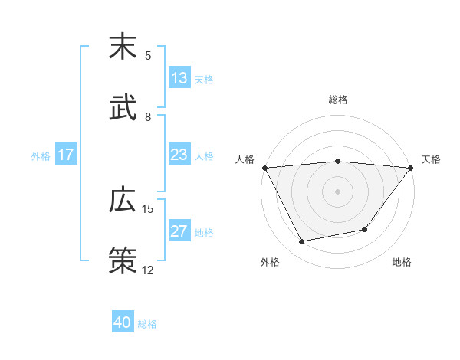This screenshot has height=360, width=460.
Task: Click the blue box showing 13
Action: click(x=179, y=77)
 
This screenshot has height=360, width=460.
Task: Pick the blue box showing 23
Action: click(x=179, y=155)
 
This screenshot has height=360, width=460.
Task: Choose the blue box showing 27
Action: click(x=179, y=232)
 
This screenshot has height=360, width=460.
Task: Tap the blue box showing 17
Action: click(x=66, y=155)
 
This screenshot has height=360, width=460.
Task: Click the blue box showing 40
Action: click(x=123, y=323)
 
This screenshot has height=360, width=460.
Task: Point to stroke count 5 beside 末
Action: click(x=148, y=55)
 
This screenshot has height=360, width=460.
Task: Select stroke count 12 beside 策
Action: click(x=148, y=270)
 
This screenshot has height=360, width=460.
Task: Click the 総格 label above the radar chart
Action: click(x=338, y=100)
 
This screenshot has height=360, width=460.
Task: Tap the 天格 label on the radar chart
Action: click(x=432, y=159)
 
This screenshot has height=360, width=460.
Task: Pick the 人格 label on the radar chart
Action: click(x=245, y=159)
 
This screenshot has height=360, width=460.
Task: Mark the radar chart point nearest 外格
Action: click(x=301, y=242)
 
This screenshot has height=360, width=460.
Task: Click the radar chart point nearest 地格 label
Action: click(x=365, y=229)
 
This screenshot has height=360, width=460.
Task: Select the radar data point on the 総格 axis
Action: click(x=338, y=161)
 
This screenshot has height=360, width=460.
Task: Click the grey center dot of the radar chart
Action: click(x=338, y=191)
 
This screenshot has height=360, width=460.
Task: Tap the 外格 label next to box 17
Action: click(x=41, y=155)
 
